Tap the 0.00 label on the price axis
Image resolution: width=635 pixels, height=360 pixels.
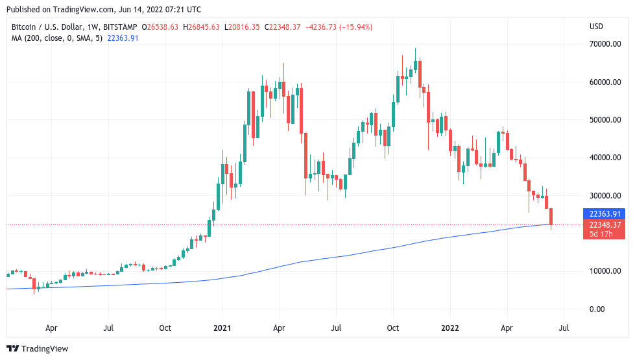pos(596,309)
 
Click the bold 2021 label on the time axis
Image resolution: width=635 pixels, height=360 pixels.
pos(222,328)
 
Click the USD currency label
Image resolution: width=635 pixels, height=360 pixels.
pos(595,27)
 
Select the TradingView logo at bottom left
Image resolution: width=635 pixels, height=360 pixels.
pos(38,349)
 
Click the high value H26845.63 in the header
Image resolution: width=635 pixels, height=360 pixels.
pos(203,27)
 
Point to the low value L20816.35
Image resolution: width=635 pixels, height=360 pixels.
pos(242,27)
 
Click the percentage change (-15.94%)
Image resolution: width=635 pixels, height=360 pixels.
pos(355,27)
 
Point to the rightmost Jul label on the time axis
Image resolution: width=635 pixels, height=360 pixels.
pos(563,328)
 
